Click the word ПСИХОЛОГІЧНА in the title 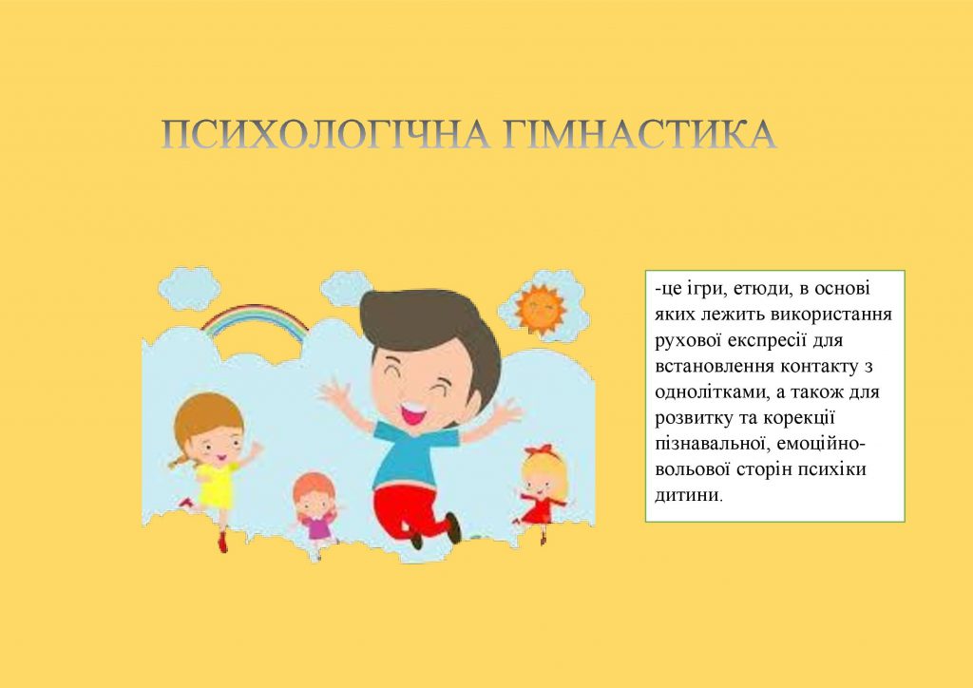[x=323, y=136]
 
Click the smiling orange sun [x=540, y=308]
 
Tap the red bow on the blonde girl [x=538, y=449]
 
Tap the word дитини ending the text [x=687, y=495]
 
